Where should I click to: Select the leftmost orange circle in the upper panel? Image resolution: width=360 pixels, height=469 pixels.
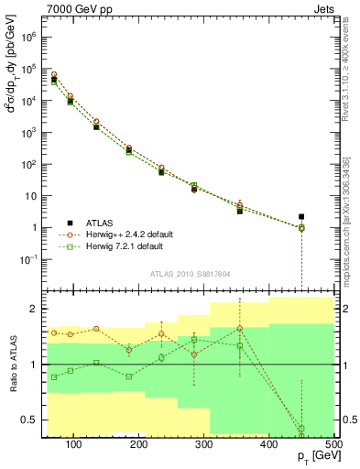tap(54, 74)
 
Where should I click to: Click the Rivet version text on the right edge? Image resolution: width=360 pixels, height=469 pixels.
tap(344, 73)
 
